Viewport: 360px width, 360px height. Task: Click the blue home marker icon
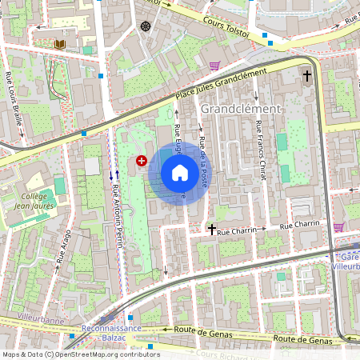click(x=180, y=172)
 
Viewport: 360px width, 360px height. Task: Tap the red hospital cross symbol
click(x=142, y=161)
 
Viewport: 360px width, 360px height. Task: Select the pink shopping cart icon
click(x=214, y=66)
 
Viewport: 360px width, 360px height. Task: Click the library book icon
click(x=60, y=43)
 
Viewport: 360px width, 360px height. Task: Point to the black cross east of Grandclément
click(x=306, y=75)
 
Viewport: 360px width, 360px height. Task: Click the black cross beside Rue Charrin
click(x=211, y=229)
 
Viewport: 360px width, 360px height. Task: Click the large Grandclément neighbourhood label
click(x=241, y=108)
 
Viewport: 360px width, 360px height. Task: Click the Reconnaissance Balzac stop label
click(x=111, y=333)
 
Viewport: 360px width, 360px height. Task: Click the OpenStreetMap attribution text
click(x=80, y=354)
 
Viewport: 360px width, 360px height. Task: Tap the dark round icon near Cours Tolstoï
click(x=146, y=26)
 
